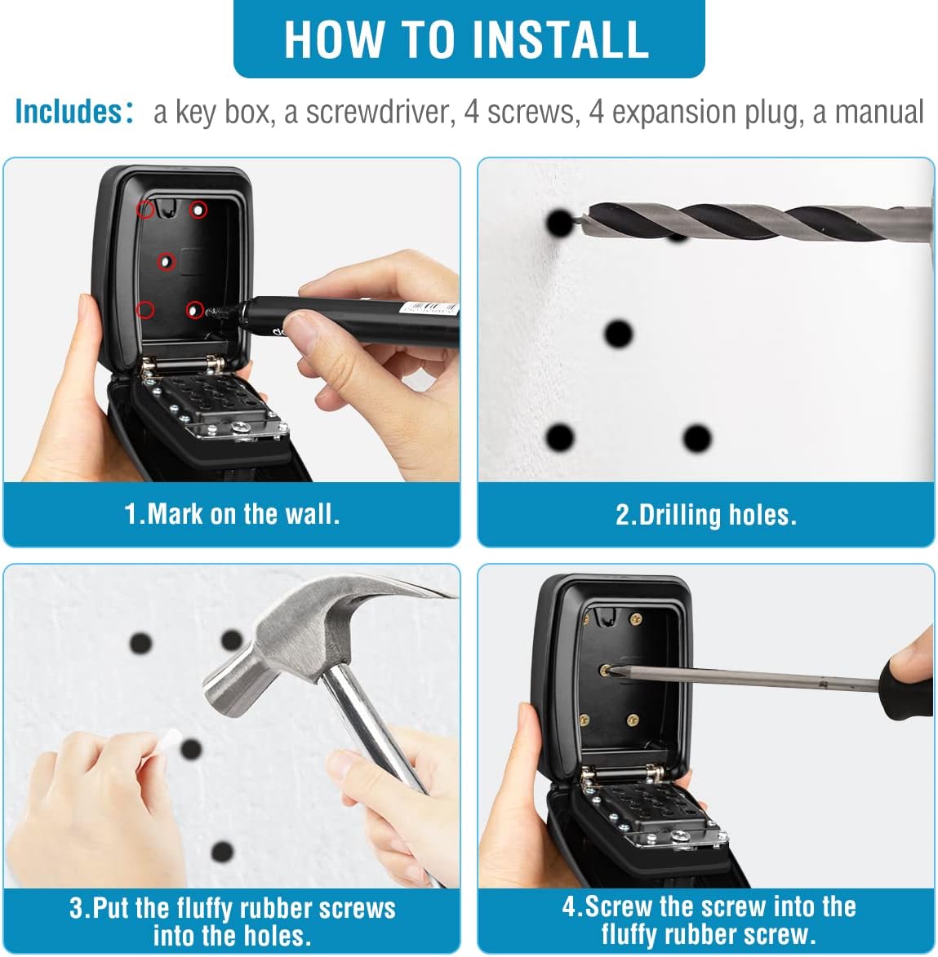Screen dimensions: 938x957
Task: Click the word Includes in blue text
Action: pos(69,112)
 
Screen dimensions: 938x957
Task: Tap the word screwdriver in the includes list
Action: pos(380,113)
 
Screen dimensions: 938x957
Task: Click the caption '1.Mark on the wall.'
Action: pos(232,514)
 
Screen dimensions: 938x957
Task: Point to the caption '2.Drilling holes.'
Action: pos(706,515)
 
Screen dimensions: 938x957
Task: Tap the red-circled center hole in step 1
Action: pos(166,262)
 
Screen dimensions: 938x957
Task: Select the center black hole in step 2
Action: pos(618,334)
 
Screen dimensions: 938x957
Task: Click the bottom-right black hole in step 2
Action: pos(697,437)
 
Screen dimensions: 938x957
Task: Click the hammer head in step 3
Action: pos(287,640)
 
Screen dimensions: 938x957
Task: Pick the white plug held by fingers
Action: pos(168,742)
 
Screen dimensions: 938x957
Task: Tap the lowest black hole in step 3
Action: pos(222,852)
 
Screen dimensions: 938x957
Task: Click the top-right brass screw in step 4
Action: pos(636,619)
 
